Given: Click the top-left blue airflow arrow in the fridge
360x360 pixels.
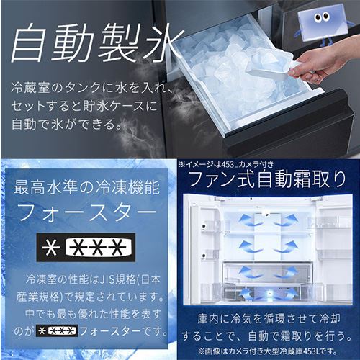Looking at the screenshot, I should (x=248, y=220).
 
